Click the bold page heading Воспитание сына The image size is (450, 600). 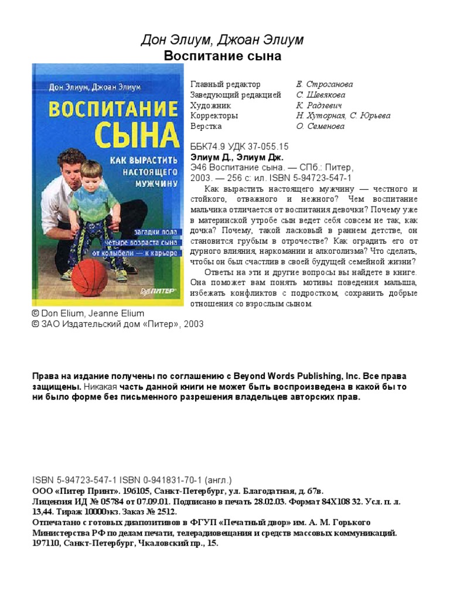tap(223, 56)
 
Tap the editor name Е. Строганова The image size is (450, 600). tap(325, 84)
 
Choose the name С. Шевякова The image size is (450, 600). tap(321, 95)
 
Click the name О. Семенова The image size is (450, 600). tap(321, 126)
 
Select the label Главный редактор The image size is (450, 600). tap(226, 84)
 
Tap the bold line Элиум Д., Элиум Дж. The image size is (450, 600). tap(237, 157)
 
